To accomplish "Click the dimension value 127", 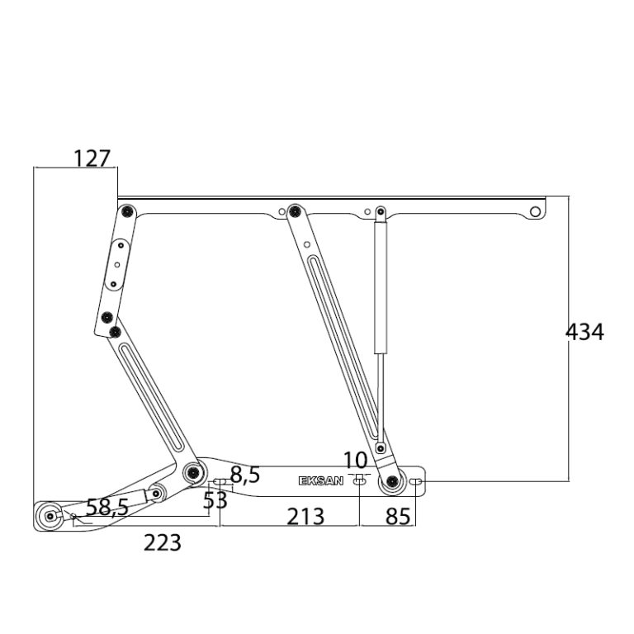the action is pyautogui.click(x=92, y=158).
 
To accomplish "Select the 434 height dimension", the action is pyautogui.click(x=584, y=332).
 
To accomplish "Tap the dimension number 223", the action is pyautogui.click(x=163, y=542).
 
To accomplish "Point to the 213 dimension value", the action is pyautogui.click(x=305, y=516).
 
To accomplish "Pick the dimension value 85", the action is pyautogui.click(x=398, y=516).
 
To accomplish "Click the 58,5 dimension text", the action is pyautogui.click(x=107, y=507).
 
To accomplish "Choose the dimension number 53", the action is pyautogui.click(x=215, y=500).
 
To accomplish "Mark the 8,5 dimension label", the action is pyautogui.click(x=245, y=475).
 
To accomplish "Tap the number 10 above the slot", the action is pyautogui.click(x=356, y=460).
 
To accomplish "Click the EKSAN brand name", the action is pyautogui.click(x=321, y=480).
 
